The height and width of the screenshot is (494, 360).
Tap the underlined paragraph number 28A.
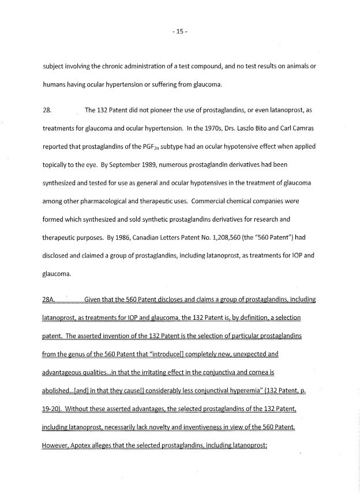(50, 300)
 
